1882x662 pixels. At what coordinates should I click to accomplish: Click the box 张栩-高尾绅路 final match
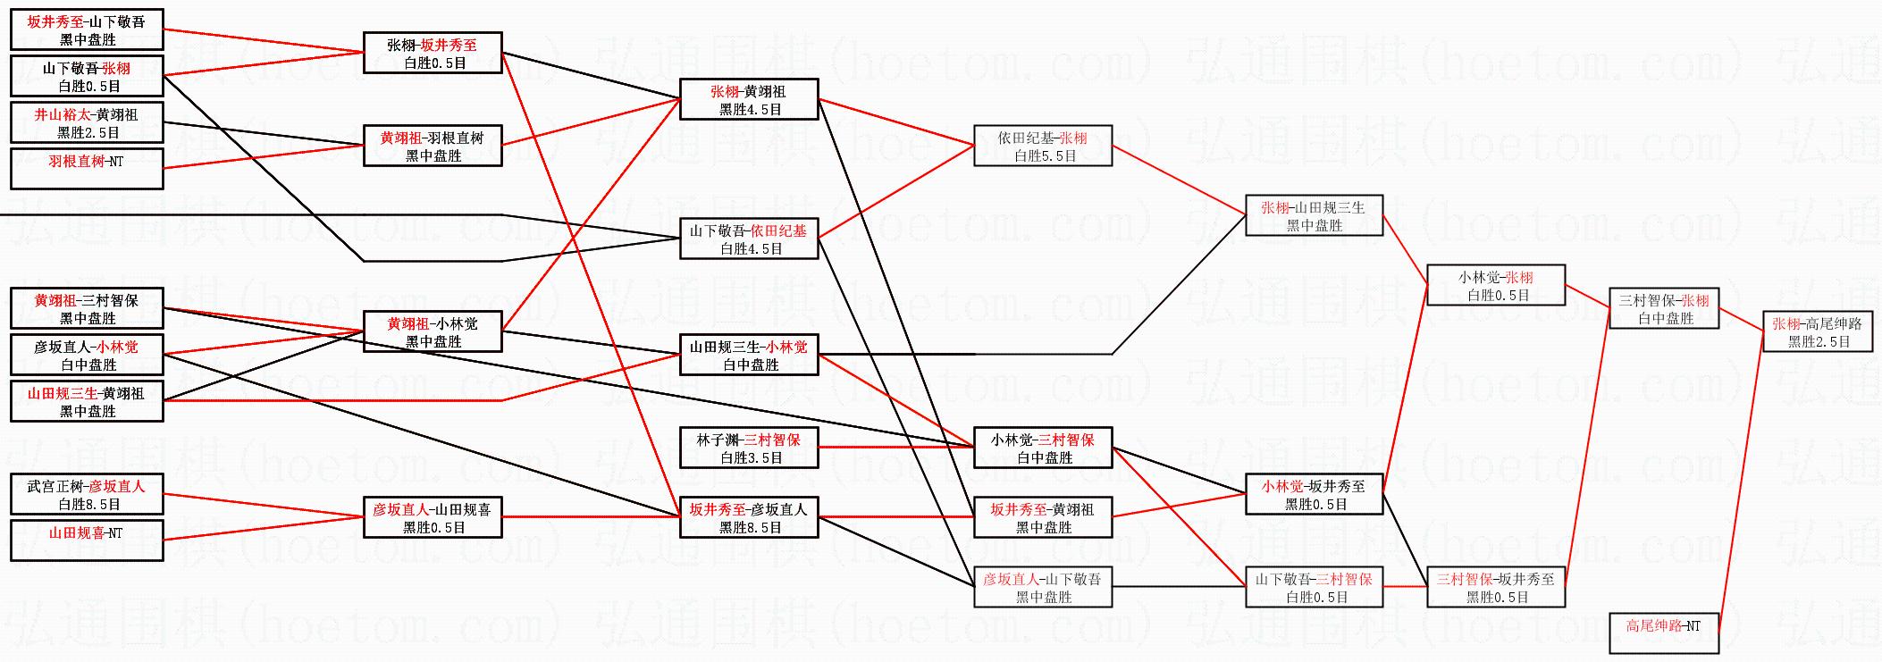[x=1817, y=331]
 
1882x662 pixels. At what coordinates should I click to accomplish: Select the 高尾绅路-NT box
[x=1663, y=633]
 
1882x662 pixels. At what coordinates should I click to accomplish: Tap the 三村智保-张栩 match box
[x=1663, y=308]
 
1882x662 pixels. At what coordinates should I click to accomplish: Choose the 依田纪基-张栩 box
[x=1042, y=146]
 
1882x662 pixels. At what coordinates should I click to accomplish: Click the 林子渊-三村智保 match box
[x=749, y=448]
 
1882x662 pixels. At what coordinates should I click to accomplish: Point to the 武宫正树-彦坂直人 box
[x=87, y=494]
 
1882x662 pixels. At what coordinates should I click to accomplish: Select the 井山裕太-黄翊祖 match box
[x=87, y=122]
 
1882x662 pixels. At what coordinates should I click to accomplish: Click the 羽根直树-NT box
[x=87, y=169]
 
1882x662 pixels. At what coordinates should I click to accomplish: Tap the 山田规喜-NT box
[x=87, y=540]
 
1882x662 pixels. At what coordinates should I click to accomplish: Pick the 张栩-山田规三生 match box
[x=1314, y=215]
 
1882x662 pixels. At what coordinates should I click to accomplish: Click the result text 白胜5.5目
[x=1042, y=155]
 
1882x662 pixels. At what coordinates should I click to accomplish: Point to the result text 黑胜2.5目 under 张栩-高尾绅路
[x=1817, y=341]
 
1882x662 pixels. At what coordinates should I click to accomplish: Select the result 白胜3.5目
[x=749, y=457]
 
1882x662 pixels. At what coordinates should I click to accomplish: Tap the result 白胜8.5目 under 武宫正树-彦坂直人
[x=87, y=504]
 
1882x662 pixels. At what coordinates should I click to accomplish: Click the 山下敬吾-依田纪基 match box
[x=749, y=239]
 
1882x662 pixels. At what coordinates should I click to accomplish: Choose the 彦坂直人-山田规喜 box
[x=433, y=517]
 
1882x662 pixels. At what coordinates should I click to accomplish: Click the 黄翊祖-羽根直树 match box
[x=433, y=146]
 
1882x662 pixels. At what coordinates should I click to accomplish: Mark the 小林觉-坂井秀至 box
[x=1314, y=494]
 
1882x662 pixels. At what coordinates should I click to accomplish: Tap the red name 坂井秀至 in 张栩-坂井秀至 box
[x=449, y=45]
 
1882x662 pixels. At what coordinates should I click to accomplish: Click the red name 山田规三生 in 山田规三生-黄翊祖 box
[x=63, y=393]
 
